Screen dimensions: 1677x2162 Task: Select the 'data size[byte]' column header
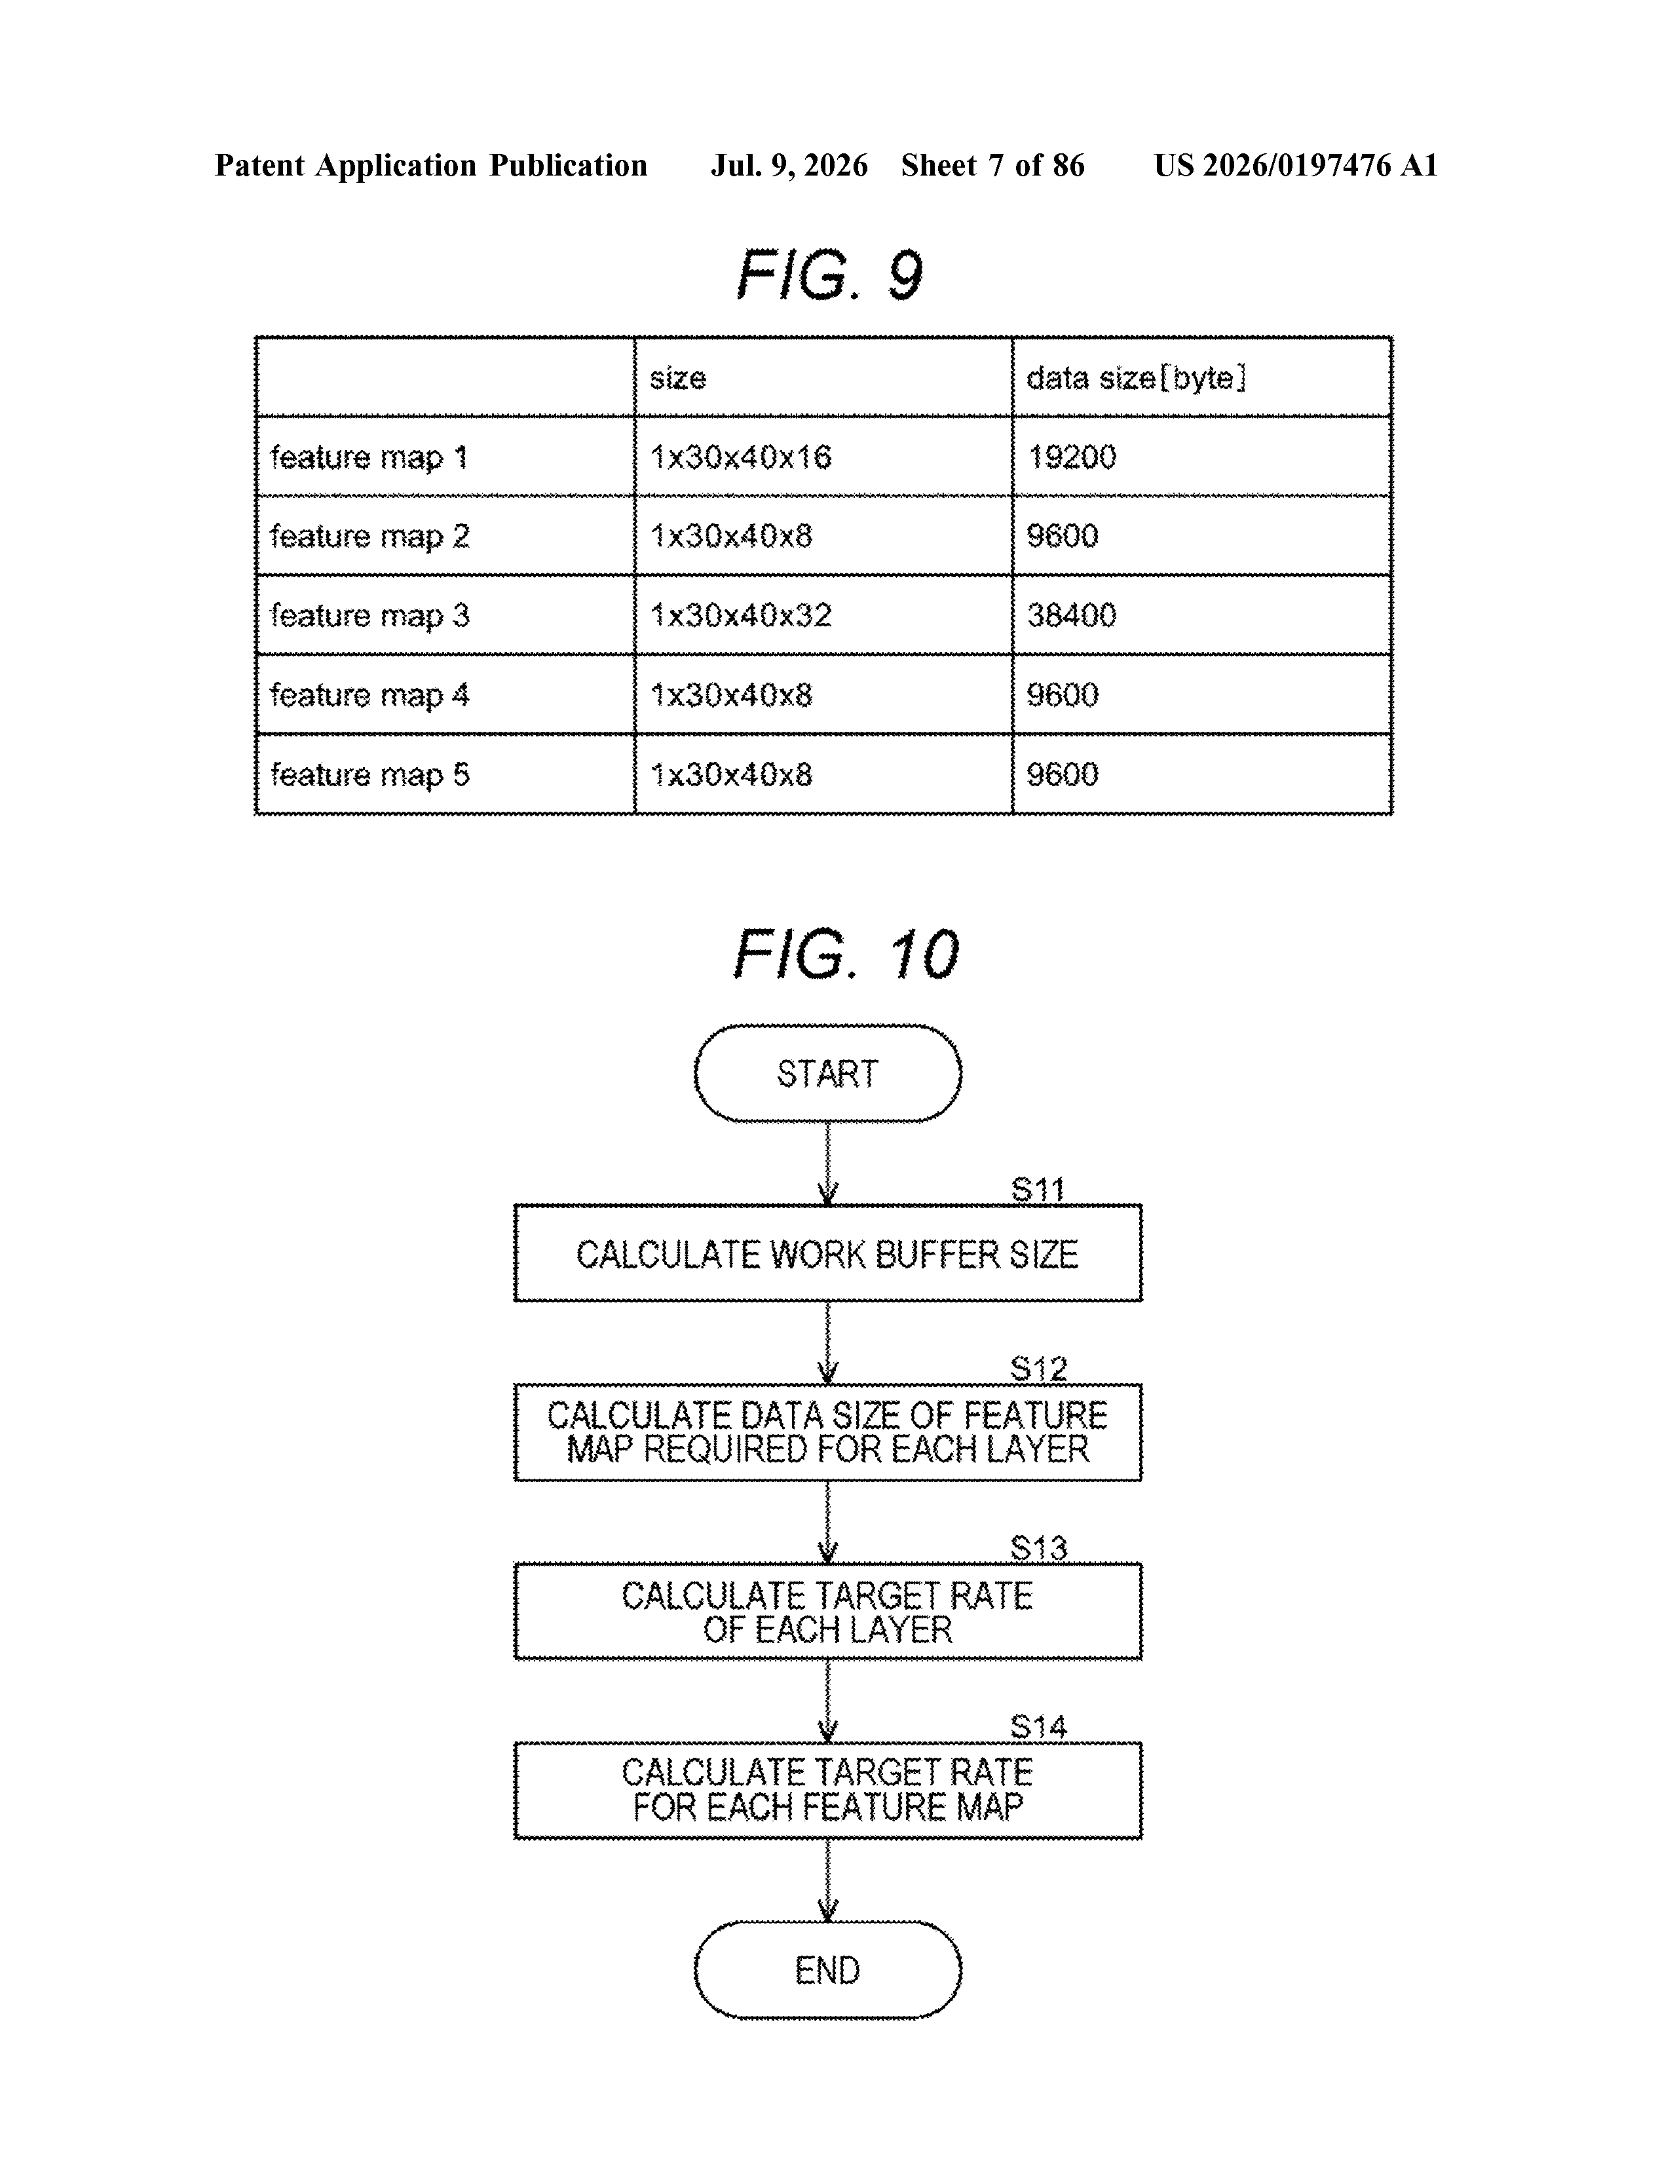[1135, 378]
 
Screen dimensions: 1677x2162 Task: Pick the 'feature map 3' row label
[369, 616]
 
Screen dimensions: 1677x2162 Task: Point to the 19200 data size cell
[1072, 457]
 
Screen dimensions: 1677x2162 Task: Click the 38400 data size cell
[1072, 616]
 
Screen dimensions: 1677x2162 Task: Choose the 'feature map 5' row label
[369, 774]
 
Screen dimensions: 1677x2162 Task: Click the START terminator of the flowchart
[827, 1074]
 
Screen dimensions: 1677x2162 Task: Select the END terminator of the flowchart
[827, 1970]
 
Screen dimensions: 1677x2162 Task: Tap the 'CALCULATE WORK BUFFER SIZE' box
[827, 1253]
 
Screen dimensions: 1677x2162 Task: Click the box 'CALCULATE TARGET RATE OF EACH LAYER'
[827, 1612]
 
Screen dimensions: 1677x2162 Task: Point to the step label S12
[1038, 1369]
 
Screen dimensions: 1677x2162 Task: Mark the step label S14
[1038, 1728]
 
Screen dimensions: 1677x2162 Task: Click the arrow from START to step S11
[827, 1163]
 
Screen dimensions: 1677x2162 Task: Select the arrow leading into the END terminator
[827, 1880]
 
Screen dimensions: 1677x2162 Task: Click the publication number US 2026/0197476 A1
[1295, 165]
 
